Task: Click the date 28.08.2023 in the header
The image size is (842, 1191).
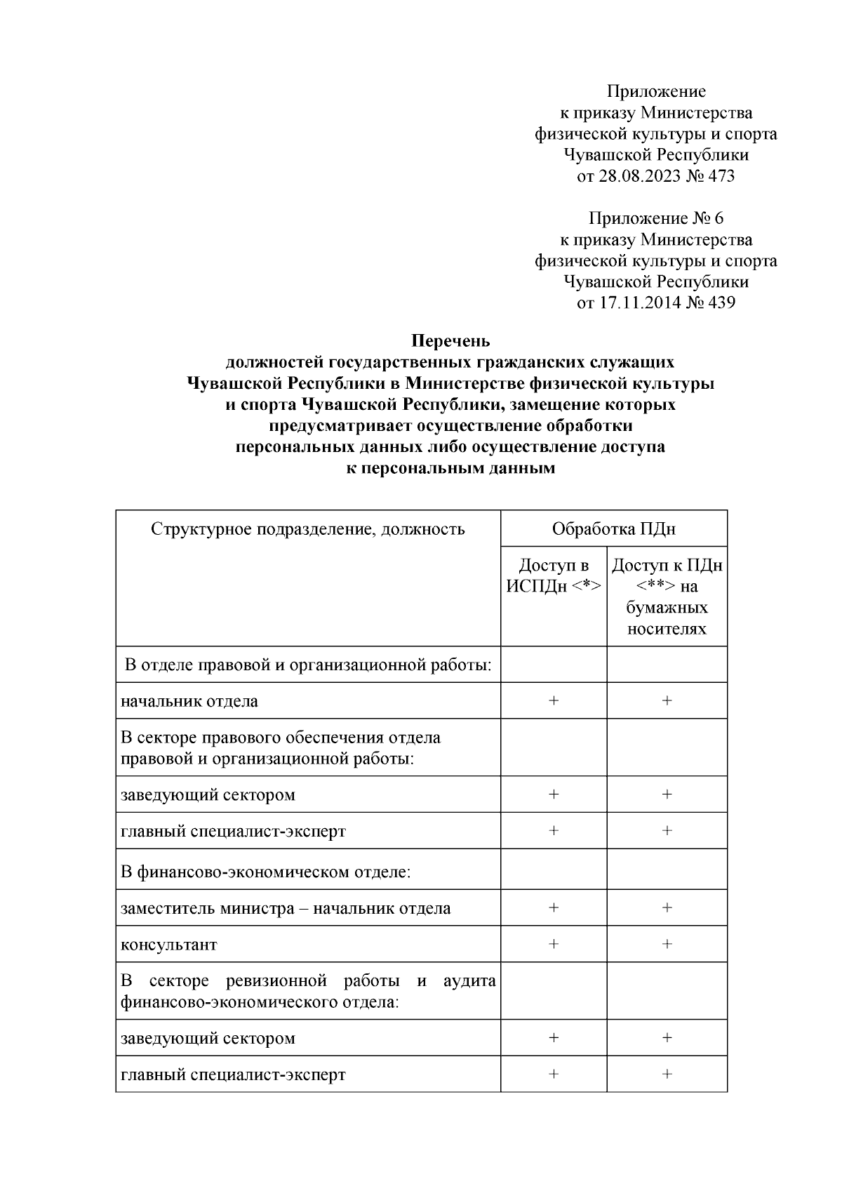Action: (x=639, y=176)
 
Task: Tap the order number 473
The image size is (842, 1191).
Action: (x=721, y=176)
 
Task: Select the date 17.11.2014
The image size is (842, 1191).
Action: (x=639, y=303)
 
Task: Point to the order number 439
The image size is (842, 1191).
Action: (x=721, y=303)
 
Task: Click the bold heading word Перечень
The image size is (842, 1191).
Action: (x=450, y=341)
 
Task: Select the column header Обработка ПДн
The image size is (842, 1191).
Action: (x=613, y=528)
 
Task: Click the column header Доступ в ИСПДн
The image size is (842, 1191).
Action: (x=553, y=575)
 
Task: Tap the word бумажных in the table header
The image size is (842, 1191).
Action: (x=667, y=608)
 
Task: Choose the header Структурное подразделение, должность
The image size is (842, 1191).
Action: (x=307, y=528)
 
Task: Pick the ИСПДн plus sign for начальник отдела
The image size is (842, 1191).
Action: (x=554, y=700)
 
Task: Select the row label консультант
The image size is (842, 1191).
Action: (x=169, y=945)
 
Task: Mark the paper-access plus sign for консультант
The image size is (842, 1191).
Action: (x=667, y=944)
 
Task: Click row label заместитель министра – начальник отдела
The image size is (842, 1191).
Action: (x=286, y=908)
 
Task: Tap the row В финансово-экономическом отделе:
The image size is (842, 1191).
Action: (x=265, y=872)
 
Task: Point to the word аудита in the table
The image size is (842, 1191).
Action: (x=469, y=980)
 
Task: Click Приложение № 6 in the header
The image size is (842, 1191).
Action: (x=655, y=218)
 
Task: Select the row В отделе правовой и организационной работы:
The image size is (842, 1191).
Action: (x=307, y=665)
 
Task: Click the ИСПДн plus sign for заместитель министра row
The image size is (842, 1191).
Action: (x=554, y=907)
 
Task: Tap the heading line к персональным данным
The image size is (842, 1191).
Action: (x=450, y=469)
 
